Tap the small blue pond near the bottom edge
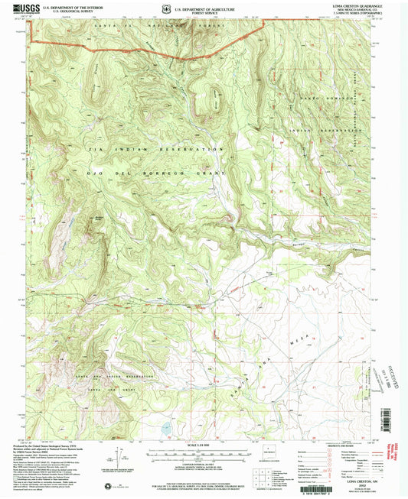(x=165, y=420)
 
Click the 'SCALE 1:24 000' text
(x=197, y=446)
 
